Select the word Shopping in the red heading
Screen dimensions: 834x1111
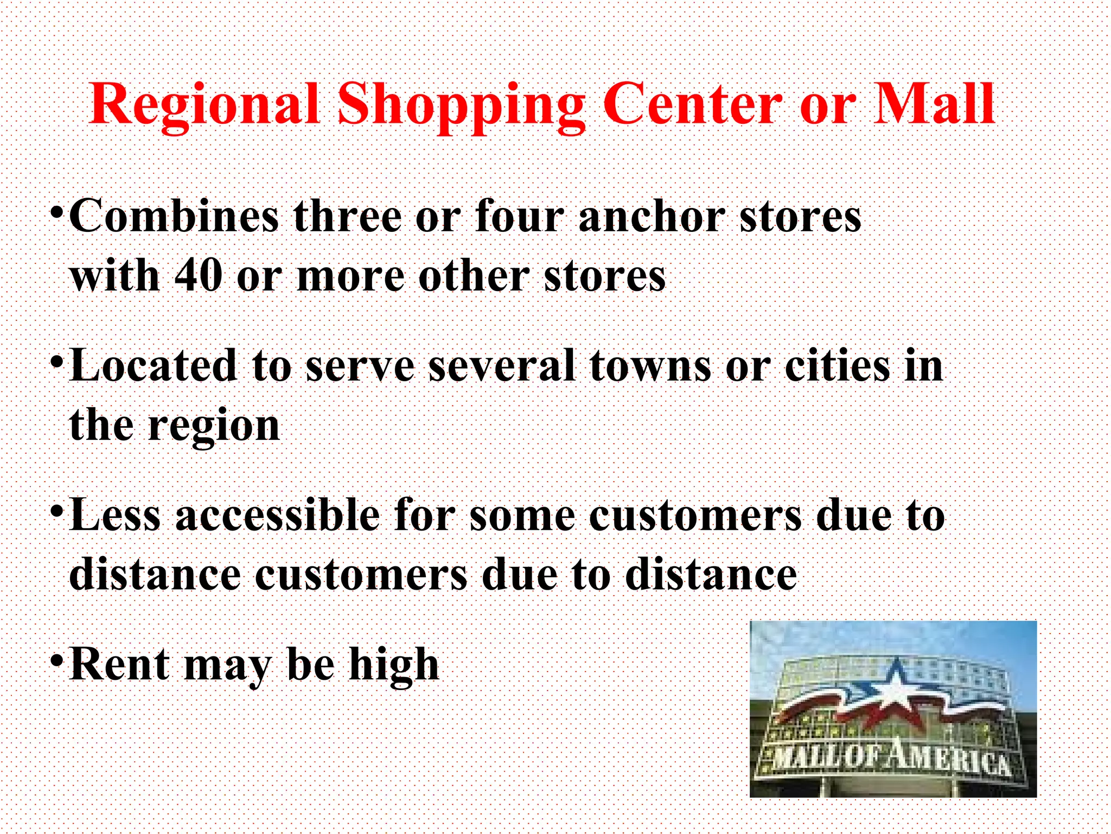(x=461, y=104)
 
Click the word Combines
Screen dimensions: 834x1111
(x=174, y=216)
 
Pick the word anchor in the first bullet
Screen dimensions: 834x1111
(x=652, y=216)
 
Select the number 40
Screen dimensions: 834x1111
(x=199, y=275)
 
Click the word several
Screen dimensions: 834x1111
(x=501, y=365)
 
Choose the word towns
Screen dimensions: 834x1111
(x=650, y=365)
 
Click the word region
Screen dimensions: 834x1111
(x=214, y=426)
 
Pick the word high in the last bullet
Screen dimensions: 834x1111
(x=394, y=665)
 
